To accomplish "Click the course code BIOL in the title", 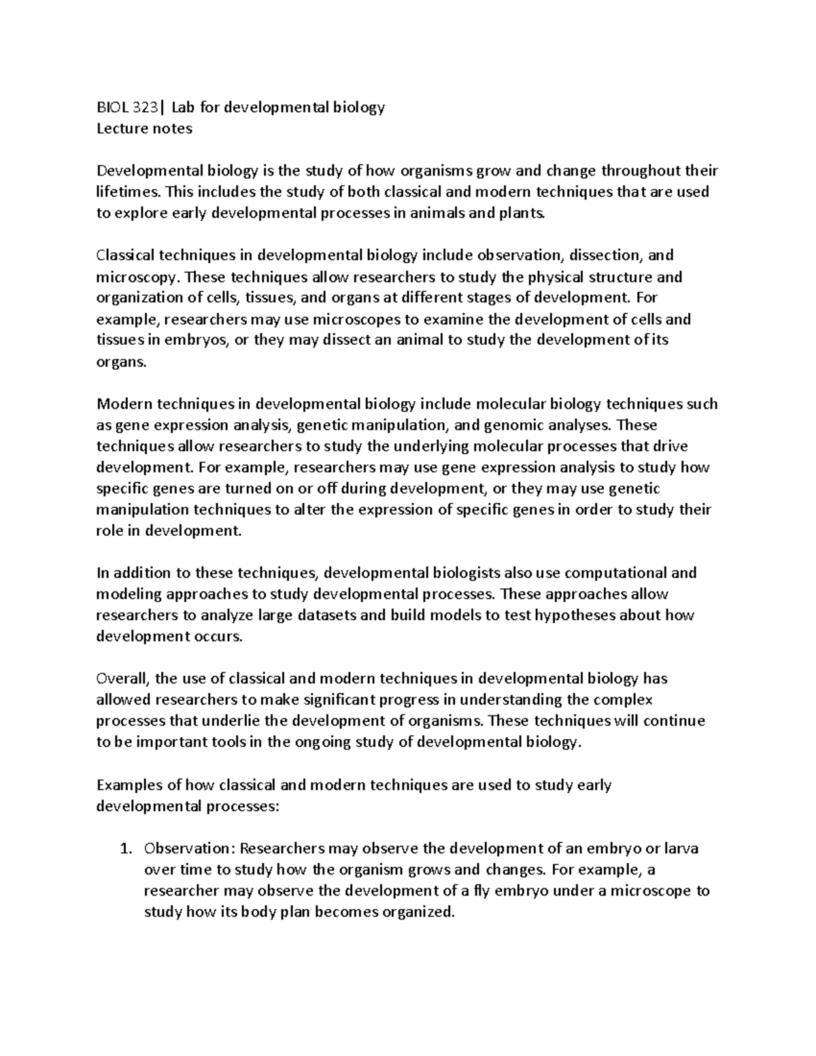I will (x=111, y=107).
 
